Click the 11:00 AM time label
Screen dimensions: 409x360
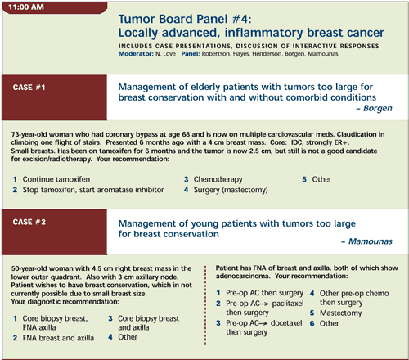26,7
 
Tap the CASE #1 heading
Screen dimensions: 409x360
29,88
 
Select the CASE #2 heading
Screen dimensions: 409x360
29,222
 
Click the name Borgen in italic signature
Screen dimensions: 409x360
378,108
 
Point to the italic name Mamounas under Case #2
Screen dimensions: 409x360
371,241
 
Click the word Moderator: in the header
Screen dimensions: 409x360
136,54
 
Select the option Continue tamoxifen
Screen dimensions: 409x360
56,179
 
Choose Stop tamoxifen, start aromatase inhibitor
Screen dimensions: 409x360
93,190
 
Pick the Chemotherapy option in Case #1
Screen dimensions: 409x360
218,179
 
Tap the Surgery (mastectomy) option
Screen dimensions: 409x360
231,190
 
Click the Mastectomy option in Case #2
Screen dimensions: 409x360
340,313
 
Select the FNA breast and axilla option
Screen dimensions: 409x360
58,338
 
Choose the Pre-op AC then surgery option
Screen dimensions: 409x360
264,293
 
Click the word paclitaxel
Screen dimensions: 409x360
288,304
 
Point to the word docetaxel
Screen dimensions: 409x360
286,323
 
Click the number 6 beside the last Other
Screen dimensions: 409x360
312,323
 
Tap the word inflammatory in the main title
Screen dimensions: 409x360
263,33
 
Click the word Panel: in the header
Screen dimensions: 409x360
191,54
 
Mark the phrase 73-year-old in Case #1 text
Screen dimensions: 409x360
29,134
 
